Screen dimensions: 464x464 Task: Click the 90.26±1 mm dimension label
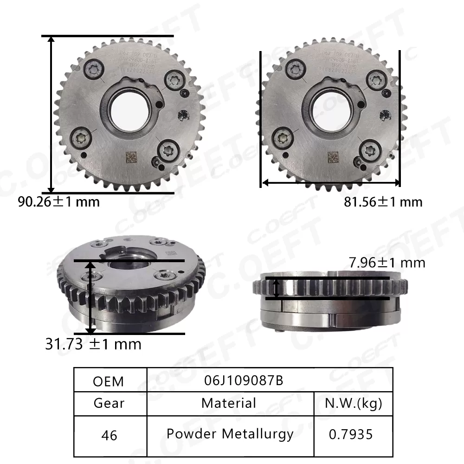58,202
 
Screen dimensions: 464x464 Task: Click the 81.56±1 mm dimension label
383,202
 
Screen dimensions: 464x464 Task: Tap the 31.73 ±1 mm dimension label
93,344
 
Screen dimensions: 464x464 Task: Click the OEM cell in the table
109,381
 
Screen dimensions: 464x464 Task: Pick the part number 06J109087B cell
243,380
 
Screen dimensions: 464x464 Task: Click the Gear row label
109,403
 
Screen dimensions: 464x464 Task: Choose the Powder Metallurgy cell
230,434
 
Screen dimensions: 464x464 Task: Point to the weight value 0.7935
351,434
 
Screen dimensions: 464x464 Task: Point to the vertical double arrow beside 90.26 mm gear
52,114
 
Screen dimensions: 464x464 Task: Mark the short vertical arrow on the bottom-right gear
277,289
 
